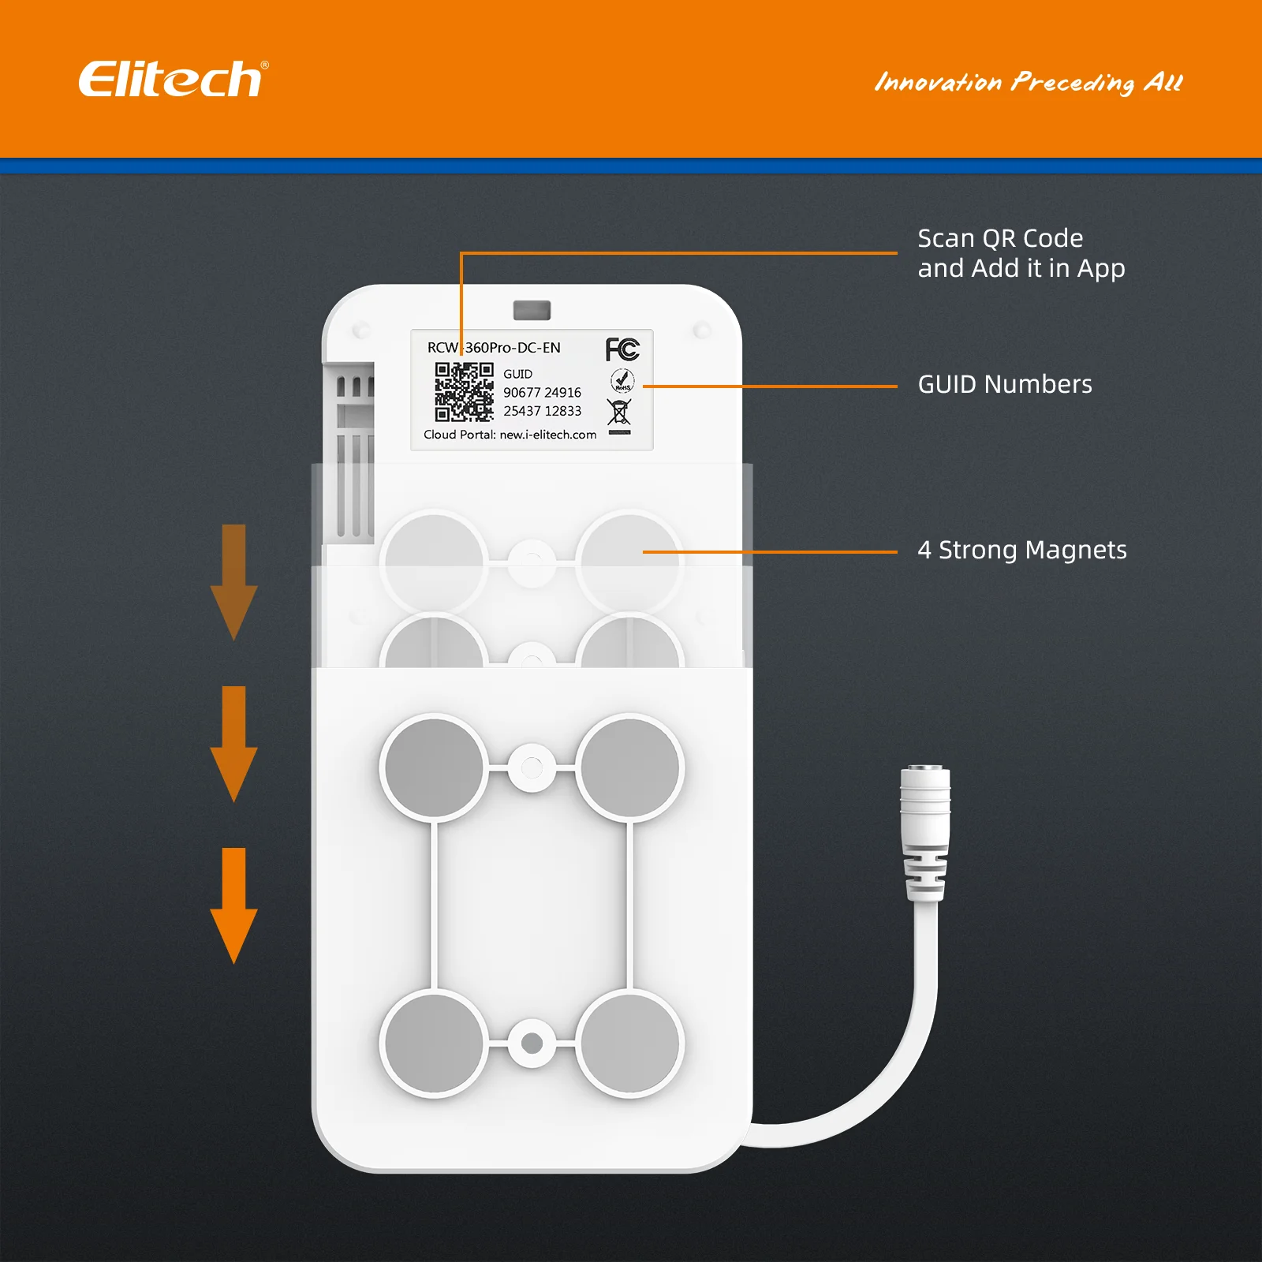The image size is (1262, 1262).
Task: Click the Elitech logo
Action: pos(173,80)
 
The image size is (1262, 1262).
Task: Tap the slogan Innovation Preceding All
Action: pos(1029,82)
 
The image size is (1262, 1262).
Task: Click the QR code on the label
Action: pos(464,392)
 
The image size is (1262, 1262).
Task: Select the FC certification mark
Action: pos(622,349)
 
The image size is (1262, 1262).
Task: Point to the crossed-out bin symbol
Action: pos(619,413)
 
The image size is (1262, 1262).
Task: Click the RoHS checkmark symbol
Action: pos(622,381)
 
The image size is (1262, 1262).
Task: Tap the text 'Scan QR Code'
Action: pos(1000,238)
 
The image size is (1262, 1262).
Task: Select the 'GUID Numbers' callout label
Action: pos(1005,384)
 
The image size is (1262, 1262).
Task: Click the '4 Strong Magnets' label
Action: pos(1022,550)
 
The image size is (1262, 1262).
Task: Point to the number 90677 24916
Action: pos(542,392)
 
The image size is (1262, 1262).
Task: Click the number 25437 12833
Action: pos(542,411)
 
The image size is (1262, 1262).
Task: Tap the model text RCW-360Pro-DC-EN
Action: pos(494,348)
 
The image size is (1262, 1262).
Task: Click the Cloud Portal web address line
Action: pos(510,435)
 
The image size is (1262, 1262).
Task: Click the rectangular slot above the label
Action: pos(532,310)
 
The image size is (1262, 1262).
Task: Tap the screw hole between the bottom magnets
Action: pos(532,1043)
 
